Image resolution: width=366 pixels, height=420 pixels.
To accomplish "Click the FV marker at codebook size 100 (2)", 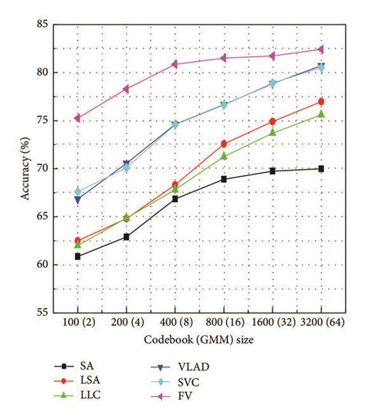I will (x=77, y=118).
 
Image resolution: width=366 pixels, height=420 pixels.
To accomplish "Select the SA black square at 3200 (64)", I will (x=320, y=168).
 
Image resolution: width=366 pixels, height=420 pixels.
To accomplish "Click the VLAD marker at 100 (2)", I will (x=77, y=199).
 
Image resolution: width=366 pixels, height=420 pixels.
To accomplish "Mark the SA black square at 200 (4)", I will (x=126, y=236).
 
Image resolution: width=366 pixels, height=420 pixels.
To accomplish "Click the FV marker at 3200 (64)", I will (x=320, y=49).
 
